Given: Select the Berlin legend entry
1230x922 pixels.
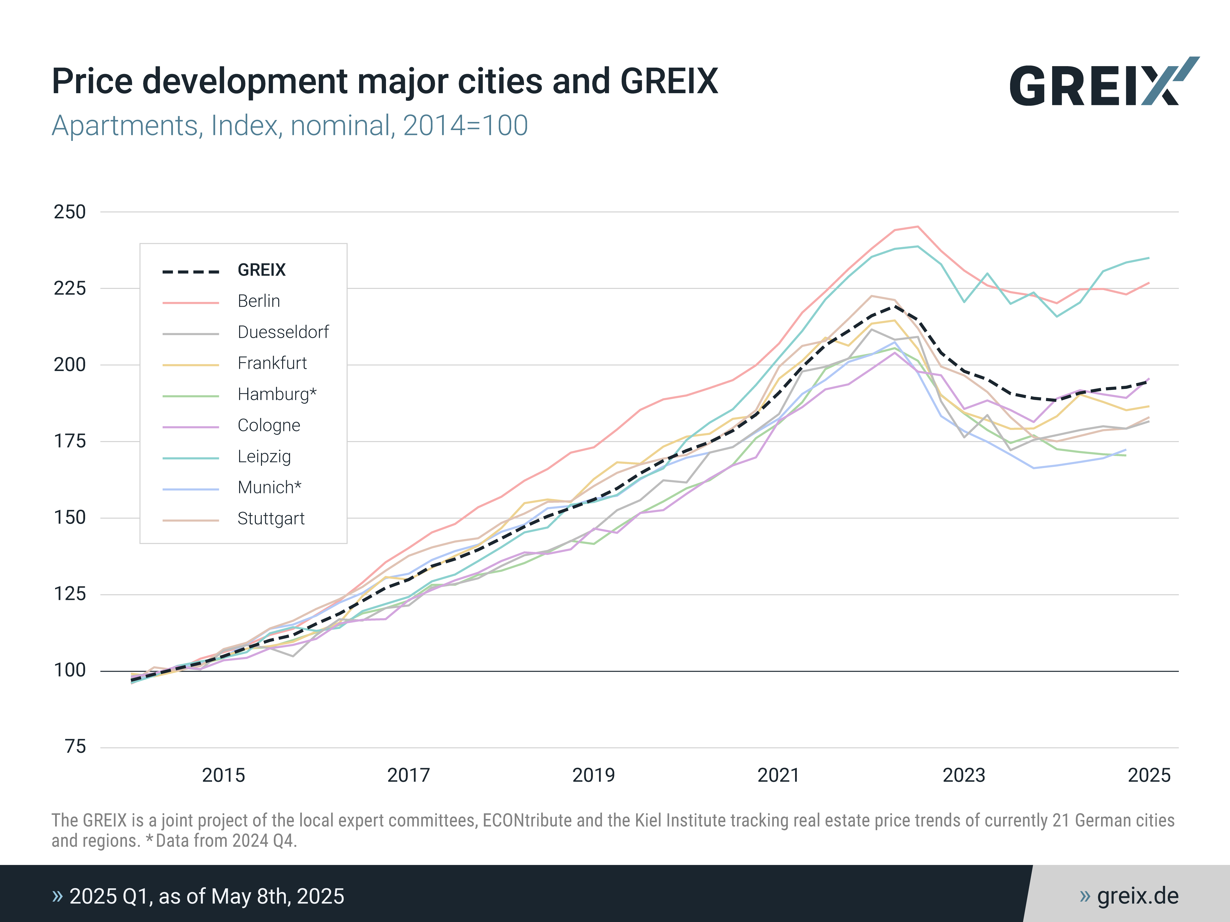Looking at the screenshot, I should tap(259, 301).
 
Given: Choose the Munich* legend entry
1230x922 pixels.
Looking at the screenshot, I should tap(269, 487).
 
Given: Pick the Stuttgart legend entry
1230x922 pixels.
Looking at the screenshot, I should tap(271, 519).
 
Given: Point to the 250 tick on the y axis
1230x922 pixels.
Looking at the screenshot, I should tap(70, 212).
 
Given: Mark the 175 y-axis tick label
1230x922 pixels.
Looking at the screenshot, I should tap(70, 441).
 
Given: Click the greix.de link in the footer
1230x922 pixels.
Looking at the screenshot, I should tap(1137, 896).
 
